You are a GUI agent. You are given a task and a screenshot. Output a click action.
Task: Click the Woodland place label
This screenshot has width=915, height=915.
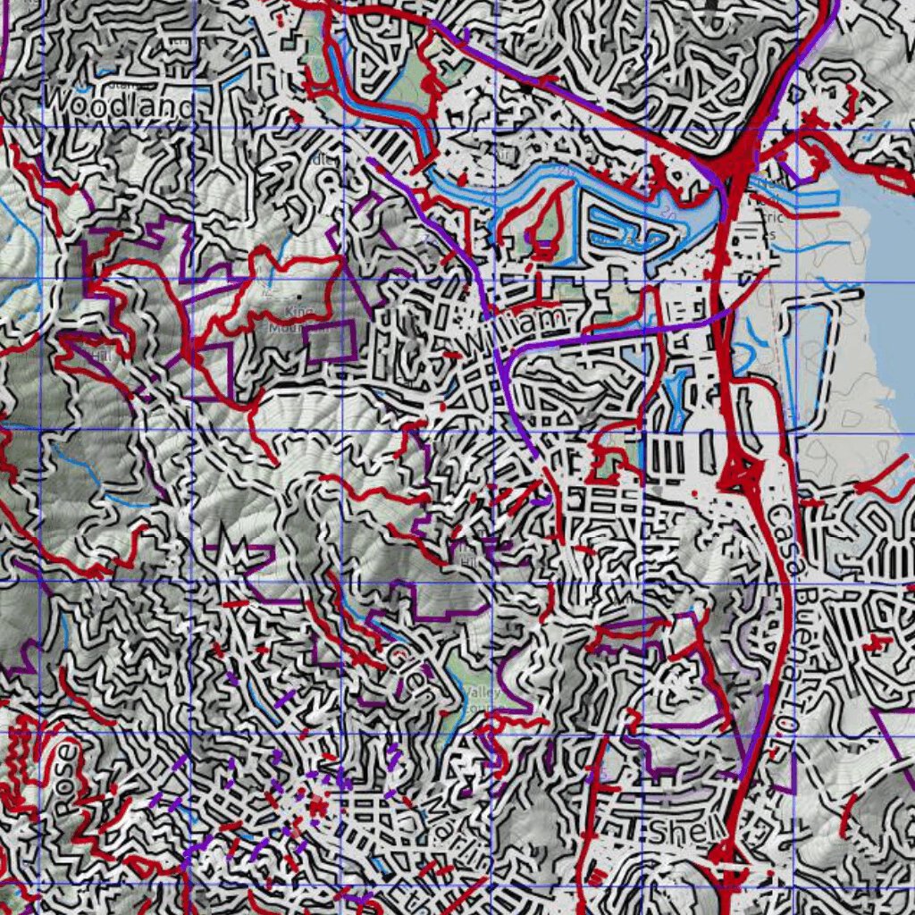pyautogui.click(x=118, y=106)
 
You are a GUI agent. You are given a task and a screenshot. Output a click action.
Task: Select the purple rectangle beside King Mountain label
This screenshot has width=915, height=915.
pyautogui.click(x=329, y=340)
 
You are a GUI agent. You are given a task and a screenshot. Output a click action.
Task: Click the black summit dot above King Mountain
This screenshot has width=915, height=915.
pyautogui.click(x=298, y=298)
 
